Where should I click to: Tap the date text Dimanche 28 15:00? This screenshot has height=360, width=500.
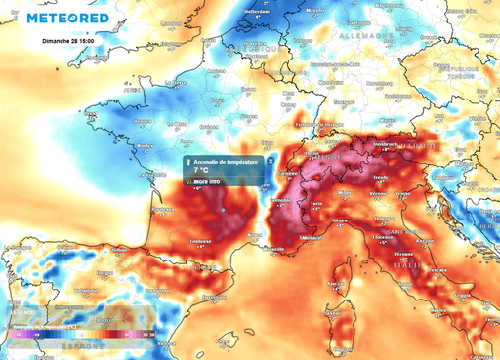(x=70, y=43)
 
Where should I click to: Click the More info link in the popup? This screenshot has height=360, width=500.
(x=205, y=182)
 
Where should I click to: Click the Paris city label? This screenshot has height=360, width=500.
(x=212, y=95)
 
